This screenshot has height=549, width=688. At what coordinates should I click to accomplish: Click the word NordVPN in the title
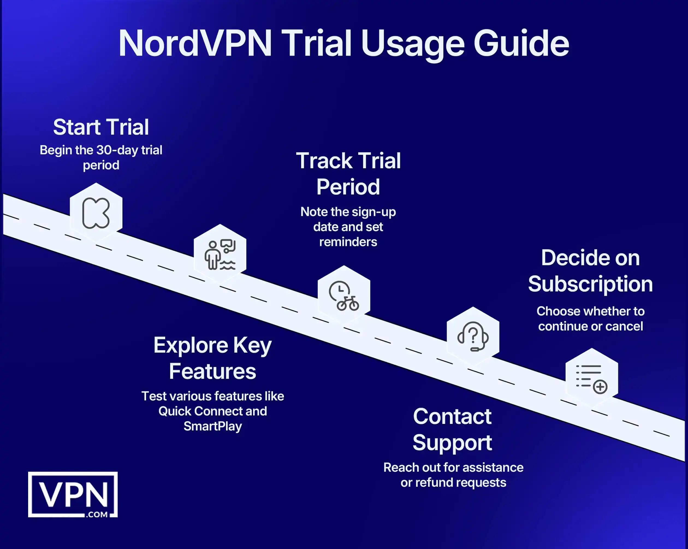(195, 43)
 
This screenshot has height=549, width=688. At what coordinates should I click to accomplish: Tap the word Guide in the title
(521, 43)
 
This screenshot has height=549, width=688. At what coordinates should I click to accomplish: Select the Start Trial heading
(101, 127)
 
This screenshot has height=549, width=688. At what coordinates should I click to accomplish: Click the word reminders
(348, 242)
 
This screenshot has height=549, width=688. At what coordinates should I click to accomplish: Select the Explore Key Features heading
(212, 358)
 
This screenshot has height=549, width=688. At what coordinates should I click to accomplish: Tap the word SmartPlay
(212, 426)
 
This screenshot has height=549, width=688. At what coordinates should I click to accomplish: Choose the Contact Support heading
(452, 429)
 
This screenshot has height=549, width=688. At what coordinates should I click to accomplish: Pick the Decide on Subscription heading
(590, 271)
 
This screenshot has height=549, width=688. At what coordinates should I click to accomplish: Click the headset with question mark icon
(473, 336)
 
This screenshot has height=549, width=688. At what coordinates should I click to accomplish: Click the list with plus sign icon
(592, 378)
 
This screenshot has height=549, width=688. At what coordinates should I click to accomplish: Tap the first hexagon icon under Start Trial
(96, 212)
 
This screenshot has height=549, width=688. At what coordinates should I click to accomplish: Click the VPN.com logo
(73, 494)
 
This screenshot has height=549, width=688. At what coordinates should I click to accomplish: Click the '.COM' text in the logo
(97, 514)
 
